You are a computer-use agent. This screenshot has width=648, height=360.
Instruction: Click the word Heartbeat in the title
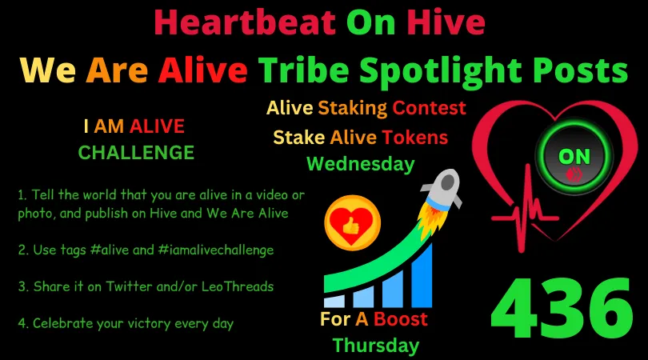(x=244, y=22)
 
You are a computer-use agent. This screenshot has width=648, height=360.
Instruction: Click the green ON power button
(x=574, y=155)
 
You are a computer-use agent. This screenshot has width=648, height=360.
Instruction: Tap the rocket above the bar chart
(x=439, y=196)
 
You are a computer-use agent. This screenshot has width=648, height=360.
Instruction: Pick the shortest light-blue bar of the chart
(x=336, y=301)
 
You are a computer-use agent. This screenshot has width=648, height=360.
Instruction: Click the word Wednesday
(x=361, y=164)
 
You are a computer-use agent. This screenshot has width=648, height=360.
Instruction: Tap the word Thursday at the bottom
(x=376, y=346)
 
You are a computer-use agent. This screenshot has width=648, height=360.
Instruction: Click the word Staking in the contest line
(x=354, y=107)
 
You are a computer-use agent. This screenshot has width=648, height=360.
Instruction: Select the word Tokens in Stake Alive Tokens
(x=414, y=137)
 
